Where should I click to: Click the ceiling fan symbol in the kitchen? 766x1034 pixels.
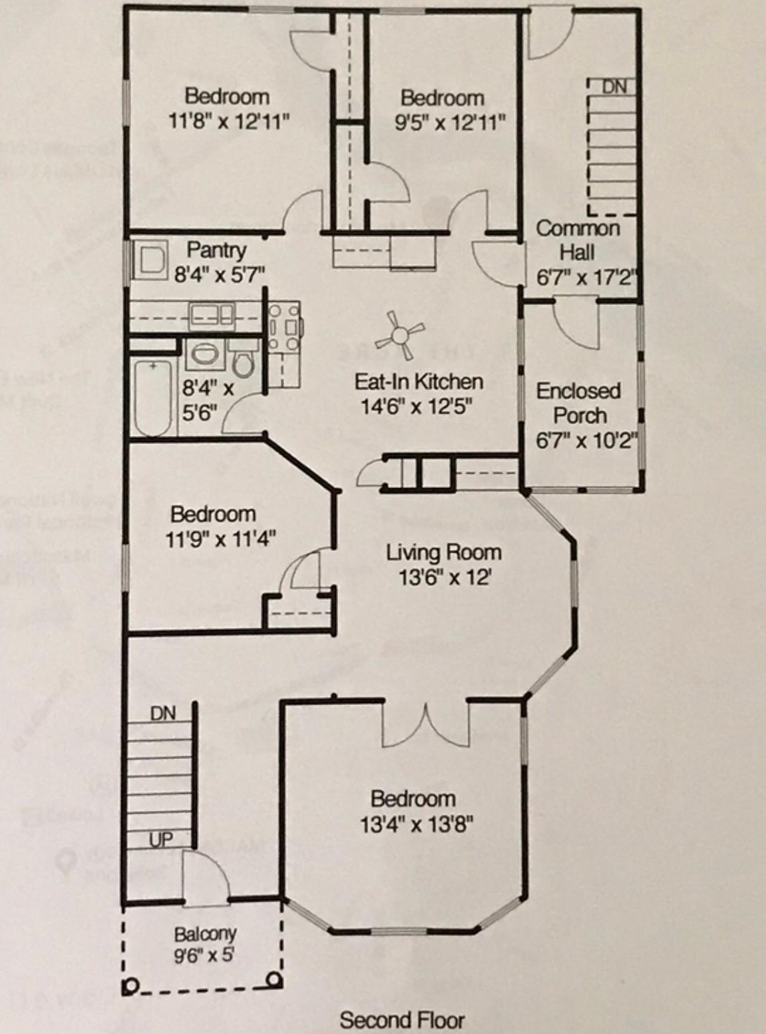tap(400, 334)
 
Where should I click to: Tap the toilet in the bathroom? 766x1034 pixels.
tap(244, 363)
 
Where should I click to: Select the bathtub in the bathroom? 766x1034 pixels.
tap(154, 397)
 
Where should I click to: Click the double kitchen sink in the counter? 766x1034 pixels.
tap(211, 314)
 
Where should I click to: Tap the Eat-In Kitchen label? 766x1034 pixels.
tap(419, 382)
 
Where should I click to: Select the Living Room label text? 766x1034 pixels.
tap(444, 552)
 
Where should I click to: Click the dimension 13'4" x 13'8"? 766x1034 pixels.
tap(417, 825)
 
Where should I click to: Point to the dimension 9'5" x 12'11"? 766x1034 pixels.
tap(450, 123)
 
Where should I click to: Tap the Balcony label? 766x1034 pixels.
tap(205, 933)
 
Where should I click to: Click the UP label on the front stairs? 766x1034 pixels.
tap(161, 840)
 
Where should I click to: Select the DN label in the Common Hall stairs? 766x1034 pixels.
tap(614, 87)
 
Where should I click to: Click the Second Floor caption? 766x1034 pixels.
tap(402, 1020)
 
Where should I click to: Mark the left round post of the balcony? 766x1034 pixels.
tap(130, 985)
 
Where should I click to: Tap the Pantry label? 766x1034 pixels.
tap(216, 250)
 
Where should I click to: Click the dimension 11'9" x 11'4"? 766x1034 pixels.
tap(220, 538)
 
